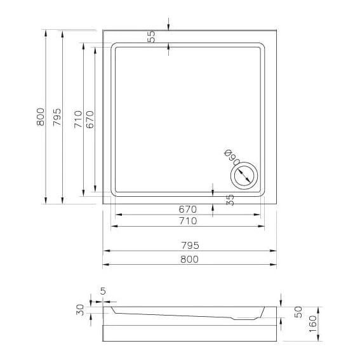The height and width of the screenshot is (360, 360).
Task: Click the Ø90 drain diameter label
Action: click(x=232, y=157)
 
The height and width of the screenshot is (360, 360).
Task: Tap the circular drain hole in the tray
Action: click(x=244, y=176)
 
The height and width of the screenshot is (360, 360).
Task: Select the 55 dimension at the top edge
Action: click(x=151, y=36)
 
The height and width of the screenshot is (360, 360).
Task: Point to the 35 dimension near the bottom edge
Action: click(x=230, y=200)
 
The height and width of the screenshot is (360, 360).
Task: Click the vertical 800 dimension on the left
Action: click(x=41, y=117)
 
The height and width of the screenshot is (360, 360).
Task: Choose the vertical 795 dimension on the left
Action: click(x=57, y=117)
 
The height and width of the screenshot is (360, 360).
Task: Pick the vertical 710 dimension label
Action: click(x=78, y=119)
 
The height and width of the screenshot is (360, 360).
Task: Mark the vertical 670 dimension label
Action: click(x=90, y=119)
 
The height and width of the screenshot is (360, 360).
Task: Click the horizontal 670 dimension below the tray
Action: click(x=188, y=210)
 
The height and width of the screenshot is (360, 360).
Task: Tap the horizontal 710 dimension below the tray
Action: click(x=188, y=221)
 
